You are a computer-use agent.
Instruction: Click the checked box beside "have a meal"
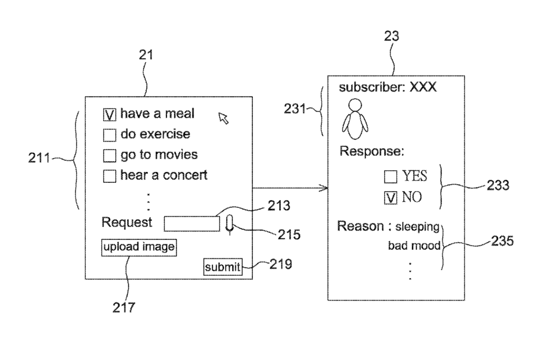110,115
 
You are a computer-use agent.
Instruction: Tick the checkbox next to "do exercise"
110,135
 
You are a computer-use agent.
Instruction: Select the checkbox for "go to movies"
110,156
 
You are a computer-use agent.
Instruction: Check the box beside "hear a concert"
110,176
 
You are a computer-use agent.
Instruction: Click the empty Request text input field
191,224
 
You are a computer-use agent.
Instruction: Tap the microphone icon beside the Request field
230,224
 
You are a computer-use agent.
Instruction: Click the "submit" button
223,267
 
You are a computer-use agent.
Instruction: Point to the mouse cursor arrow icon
223,118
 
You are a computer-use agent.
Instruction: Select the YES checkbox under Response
390,177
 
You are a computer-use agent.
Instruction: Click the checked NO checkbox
390,198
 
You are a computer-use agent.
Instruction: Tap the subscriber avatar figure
355,119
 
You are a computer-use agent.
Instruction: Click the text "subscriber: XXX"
388,87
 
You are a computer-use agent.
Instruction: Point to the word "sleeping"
417,226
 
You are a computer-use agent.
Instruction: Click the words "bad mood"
414,245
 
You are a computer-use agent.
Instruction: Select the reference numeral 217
124,307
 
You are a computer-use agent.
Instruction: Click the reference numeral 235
502,241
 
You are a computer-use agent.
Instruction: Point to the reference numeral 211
39,158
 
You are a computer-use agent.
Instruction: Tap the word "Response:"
372,152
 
